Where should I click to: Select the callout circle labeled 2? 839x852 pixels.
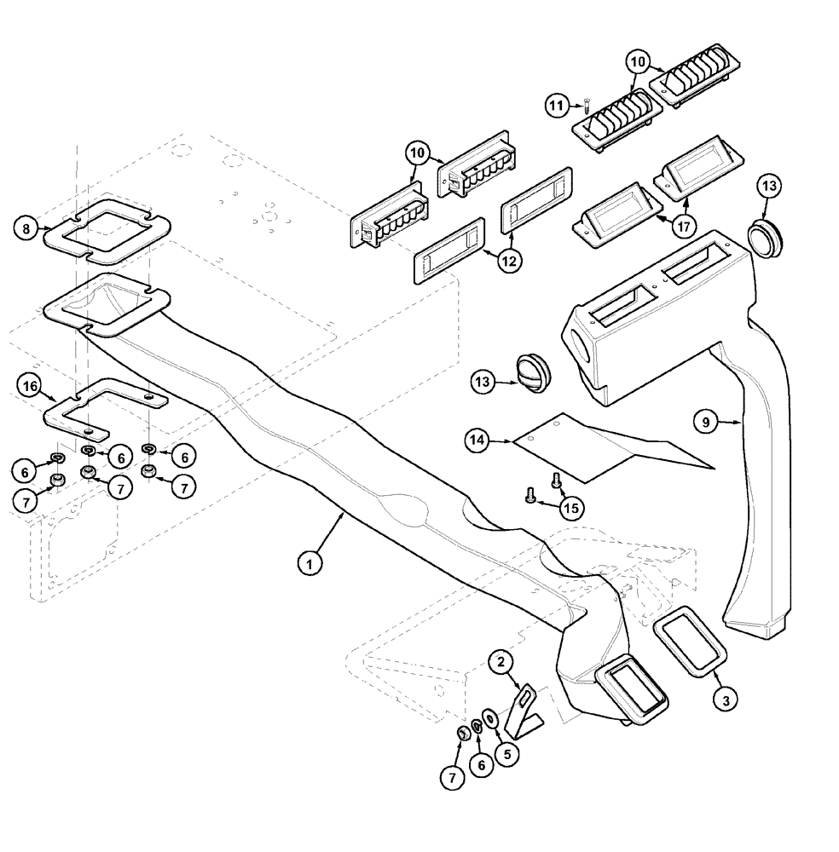click(501, 660)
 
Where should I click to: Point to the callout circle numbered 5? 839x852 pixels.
click(508, 753)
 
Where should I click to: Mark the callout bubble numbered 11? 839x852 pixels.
click(557, 106)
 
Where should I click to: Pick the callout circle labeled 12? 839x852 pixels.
click(509, 262)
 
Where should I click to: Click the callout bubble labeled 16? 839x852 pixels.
click(30, 387)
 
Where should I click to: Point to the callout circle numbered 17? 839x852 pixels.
click(684, 227)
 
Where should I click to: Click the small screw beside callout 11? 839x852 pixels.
click(588, 105)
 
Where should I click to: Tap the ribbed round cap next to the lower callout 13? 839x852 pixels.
click(534, 372)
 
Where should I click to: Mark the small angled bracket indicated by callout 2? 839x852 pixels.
click(527, 707)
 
